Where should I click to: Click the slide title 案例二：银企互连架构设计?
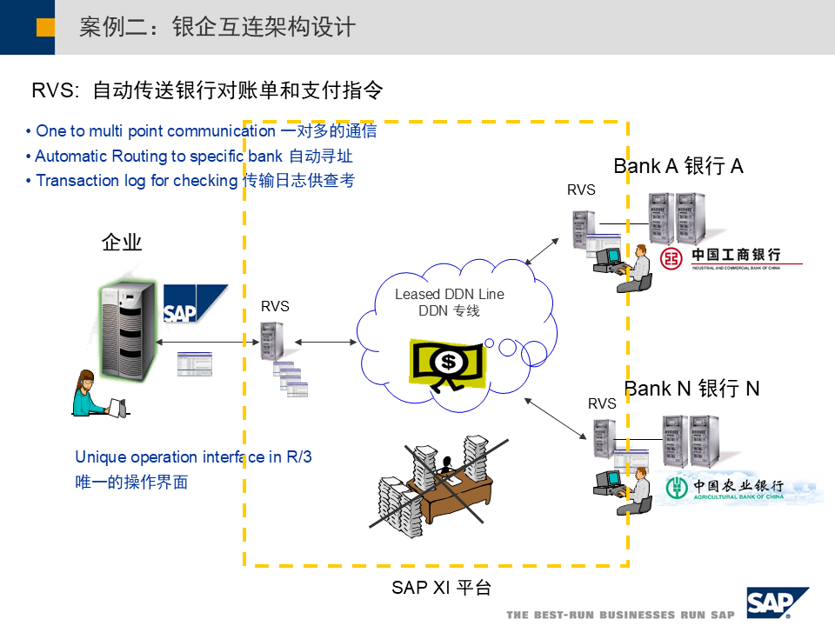click(217, 27)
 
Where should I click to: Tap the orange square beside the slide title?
click(45, 27)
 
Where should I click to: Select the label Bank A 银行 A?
click(678, 166)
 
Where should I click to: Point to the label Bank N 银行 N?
click(691, 389)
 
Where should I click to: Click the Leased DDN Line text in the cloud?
click(449, 294)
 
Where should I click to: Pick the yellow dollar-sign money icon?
click(446, 363)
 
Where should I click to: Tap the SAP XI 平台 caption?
click(441, 588)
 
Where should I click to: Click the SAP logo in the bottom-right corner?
click(776, 602)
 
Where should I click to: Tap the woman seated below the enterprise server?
click(90, 395)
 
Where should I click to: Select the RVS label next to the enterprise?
click(275, 306)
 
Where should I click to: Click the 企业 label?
click(122, 243)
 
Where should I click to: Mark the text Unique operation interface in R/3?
click(193, 457)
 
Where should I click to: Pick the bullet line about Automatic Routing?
click(193, 156)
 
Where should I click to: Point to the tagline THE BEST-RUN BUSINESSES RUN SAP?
click(621, 615)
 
